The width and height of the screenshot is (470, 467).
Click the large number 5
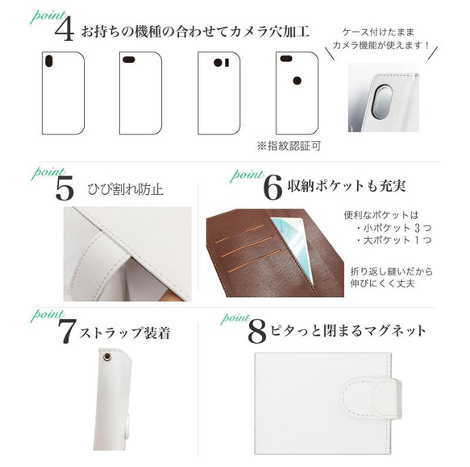[x=64, y=189]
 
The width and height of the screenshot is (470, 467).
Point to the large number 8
[x=257, y=331]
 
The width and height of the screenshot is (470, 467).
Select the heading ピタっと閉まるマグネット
[x=349, y=330]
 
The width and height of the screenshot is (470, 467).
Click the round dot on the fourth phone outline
[x=296, y=81]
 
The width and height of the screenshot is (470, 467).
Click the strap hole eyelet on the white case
[x=107, y=357]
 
